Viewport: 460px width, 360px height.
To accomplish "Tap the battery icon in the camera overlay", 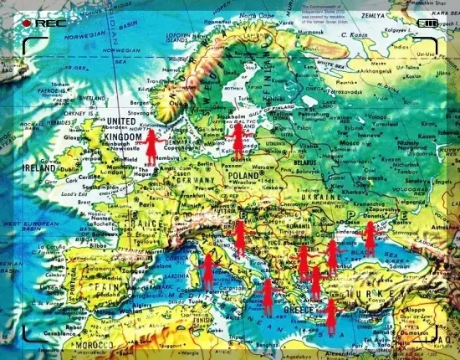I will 429,24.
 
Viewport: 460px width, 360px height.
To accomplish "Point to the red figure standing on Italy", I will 208,270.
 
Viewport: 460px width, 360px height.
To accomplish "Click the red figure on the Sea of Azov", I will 369,237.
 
